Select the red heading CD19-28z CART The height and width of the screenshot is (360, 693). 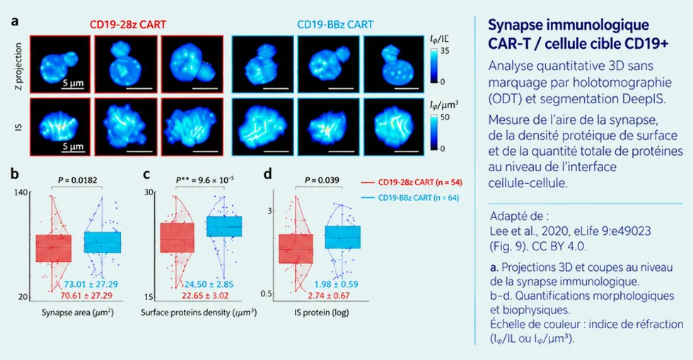(x=128, y=24)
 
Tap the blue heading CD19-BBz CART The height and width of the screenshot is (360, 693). (x=335, y=24)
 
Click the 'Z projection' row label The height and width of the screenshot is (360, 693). (x=18, y=66)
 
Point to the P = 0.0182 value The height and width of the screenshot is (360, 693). (x=78, y=180)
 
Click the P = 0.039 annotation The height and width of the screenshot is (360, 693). (x=322, y=180)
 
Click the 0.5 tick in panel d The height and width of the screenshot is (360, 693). (x=267, y=294)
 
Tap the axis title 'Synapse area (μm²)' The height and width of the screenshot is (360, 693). (x=78, y=313)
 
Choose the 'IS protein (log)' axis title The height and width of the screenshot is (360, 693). (x=321, y=313)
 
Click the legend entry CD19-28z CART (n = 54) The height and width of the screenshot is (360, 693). (x=411, y=182)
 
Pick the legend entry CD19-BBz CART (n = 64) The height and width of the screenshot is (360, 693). (x=409, y=198)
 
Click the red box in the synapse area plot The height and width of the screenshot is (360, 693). (x=54, y=248)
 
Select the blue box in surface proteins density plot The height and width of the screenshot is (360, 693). (x=224, y=226)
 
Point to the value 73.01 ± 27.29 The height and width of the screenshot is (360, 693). (x=91, y=284)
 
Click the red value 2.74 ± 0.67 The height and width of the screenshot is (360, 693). (x=329, y=296)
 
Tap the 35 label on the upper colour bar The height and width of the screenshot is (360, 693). (x=445, y=51)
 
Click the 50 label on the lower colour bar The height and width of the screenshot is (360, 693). (x=445, y=117)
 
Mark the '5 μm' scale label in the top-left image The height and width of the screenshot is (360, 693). (x=73, y=83)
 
